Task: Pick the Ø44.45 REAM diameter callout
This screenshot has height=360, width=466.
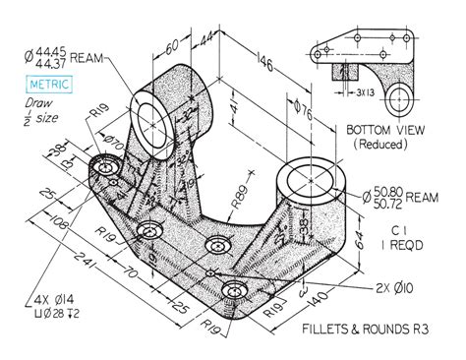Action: click(x=66, y=53)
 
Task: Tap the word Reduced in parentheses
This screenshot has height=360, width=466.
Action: click(x=389, y=145)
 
